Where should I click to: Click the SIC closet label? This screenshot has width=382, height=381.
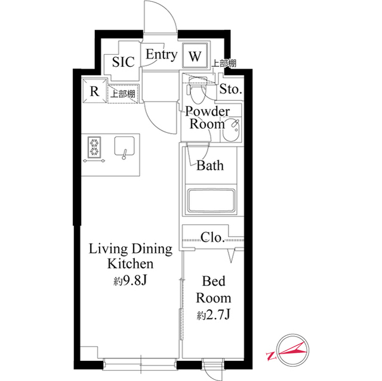pyautogui.click(x=124, y=62)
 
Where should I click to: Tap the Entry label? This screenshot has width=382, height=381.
pyautogui.click(x=162, y=54)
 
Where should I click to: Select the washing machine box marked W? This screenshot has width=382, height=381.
pyautogui.click(x=195, y=55)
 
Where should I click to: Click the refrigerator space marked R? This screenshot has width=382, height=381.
pyautogui.click(x=94, y=91)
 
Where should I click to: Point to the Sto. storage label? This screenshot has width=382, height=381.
pyautogui.click(x=230, y=89)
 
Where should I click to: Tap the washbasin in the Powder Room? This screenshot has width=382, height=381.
pyautogui.click(x=232, y=130)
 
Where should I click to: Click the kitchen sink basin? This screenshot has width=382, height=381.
pyautogui.click(x=125, y=145)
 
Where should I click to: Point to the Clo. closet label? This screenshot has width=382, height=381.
pyautogui.click(x=212, y=237)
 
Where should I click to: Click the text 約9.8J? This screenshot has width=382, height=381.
pyautogui.click(x=130, y=281)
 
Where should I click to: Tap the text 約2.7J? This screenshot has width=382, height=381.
pyautogui.click(x=214, y=315)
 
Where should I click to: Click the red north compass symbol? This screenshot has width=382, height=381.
pyautogui.click(x=289, y=351)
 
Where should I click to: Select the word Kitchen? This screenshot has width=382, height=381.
pyautogui.click(x=131, y=264)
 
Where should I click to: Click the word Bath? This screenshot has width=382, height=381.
pyautogui.click(x=210, y=165)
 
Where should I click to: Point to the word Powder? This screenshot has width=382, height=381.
pyautogui.click(x=208, y=111)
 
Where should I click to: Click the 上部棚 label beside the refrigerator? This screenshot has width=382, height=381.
pyautogui.click(x=123, y=94)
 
